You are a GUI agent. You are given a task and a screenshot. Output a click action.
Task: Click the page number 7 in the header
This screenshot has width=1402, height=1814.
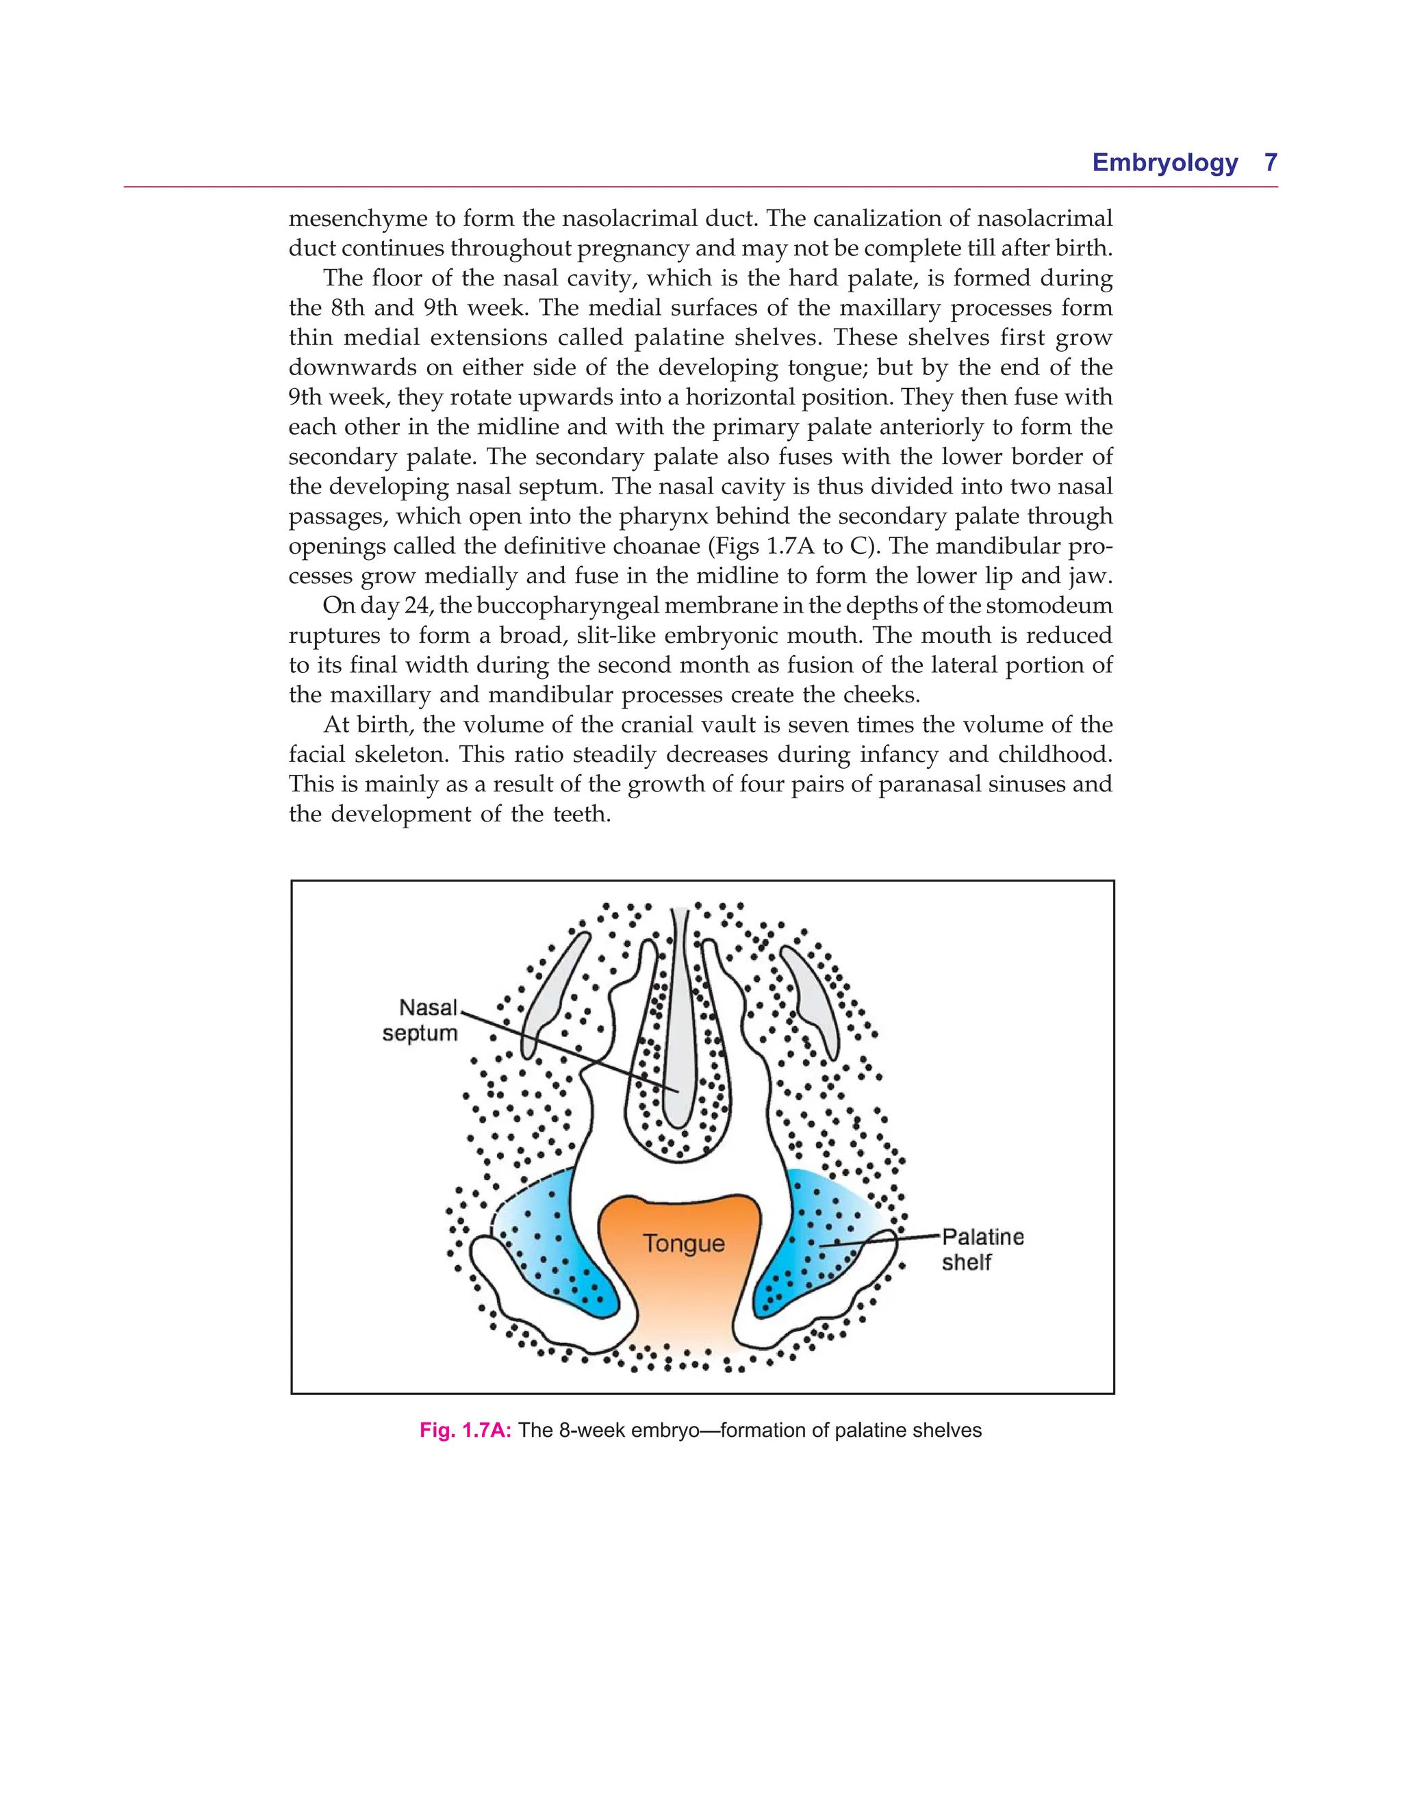[1270, 162]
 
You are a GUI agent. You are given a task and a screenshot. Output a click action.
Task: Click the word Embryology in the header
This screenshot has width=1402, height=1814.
[1164, 163]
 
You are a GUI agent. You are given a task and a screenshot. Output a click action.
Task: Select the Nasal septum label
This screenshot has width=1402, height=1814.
[421, 1020]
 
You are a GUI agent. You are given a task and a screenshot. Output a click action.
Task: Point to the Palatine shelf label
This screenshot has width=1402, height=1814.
[982, 1249]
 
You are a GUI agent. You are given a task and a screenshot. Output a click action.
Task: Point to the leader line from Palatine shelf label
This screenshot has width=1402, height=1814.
[880, 1241]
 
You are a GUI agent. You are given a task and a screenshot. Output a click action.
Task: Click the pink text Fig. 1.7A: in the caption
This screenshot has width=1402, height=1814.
[465, 1430]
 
